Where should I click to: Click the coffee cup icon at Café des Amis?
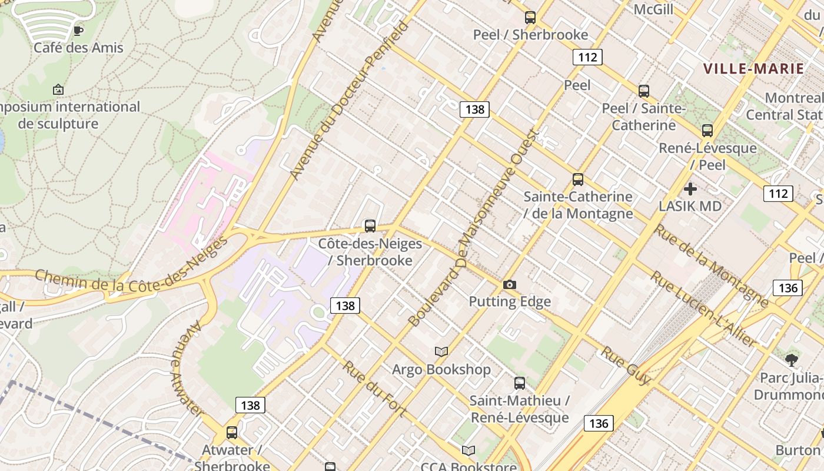click(78, 31)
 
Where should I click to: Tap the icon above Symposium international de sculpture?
click(58, 89)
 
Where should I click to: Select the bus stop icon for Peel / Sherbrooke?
click(530, 18)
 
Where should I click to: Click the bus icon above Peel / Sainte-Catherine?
click(644, 91)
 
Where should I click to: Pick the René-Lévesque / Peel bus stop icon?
click(707, 131)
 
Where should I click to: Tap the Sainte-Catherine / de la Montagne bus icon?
click(578, 180)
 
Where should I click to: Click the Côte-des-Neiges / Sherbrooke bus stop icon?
click(370, 225)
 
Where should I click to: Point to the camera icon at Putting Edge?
click(510, 285)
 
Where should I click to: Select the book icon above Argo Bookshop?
click(441, 352)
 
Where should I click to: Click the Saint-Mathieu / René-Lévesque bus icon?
click(520, 383)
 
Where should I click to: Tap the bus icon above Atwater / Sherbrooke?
click(232, 433)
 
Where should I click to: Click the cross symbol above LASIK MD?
click(690, 189)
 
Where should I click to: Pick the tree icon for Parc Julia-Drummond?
click(792, 360)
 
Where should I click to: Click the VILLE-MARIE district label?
click(754, 68)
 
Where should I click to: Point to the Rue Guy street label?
click(625, 366)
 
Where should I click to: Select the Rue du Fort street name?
click(374, 389)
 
